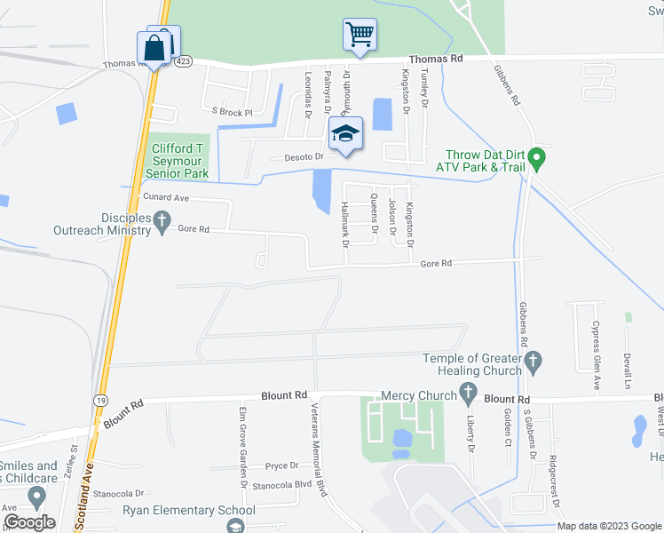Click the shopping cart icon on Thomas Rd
(x=360, y=35)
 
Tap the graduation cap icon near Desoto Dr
(x=345, y=133)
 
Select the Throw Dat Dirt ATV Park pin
(x=536, y=160)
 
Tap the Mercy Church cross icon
(x=467, y=395)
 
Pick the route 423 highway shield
(x=183, y=61)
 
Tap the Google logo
(x=28, y=522)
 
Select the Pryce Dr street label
(x=281, y=465)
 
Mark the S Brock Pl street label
(x=232, y=113)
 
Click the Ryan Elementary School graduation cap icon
(x=235, y=527)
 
